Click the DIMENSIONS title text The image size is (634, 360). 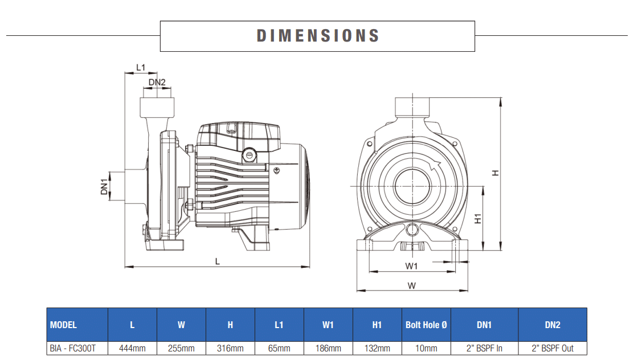(317, 36)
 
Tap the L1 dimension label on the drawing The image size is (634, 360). (141, 67)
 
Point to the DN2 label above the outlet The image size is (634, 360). (157, 83)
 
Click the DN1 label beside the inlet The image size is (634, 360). (105, 187)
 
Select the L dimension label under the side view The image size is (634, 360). (217, 261)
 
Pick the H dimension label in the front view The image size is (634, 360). (496, 173)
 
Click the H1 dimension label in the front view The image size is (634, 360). (478, 218)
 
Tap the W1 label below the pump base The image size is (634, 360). (412, 266)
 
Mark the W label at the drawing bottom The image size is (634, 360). (412, 285)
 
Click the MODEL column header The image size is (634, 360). (63, 325)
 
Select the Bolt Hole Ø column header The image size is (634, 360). (427, 325)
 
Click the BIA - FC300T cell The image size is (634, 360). (73, 348)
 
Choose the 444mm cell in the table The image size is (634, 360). (132, 348)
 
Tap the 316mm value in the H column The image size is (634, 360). (230, 348)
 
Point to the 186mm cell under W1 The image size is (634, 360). (328, 348)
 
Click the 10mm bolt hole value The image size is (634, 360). (427, 348)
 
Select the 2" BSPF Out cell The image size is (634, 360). (553, 348)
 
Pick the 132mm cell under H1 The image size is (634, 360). (377, 348)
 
